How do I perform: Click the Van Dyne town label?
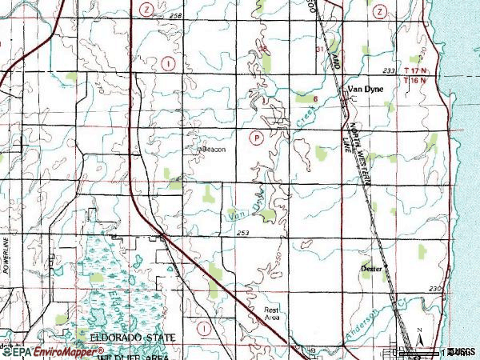click(x=365, y=90)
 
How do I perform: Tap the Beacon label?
click(x=213, y=150)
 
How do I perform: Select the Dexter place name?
click(x=371, y=269)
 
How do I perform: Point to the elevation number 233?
click(x=390, y=71)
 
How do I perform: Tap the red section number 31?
click(x=321, y=50)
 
